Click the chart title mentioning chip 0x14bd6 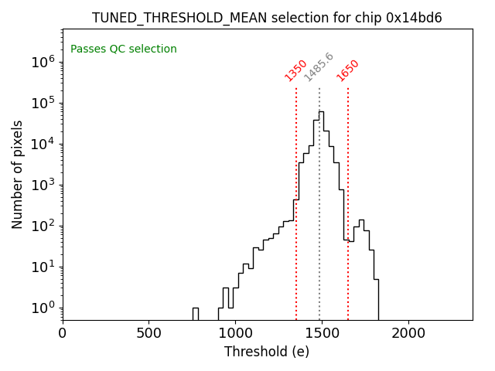[x=267, y=18]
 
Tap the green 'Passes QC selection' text [x=124, y=49]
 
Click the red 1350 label [x=296, y=70]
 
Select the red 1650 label [x=348, y=70]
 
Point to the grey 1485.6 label [x=319, y=67]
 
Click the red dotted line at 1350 [x=296, y=193]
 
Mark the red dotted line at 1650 [x=348, y=193]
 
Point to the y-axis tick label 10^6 [x=43, y=63]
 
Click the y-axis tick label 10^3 [x=43, y=185]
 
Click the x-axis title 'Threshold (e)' [x=267, y=352]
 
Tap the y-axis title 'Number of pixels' [x=17, y=174]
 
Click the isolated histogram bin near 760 [x=196, y=313]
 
